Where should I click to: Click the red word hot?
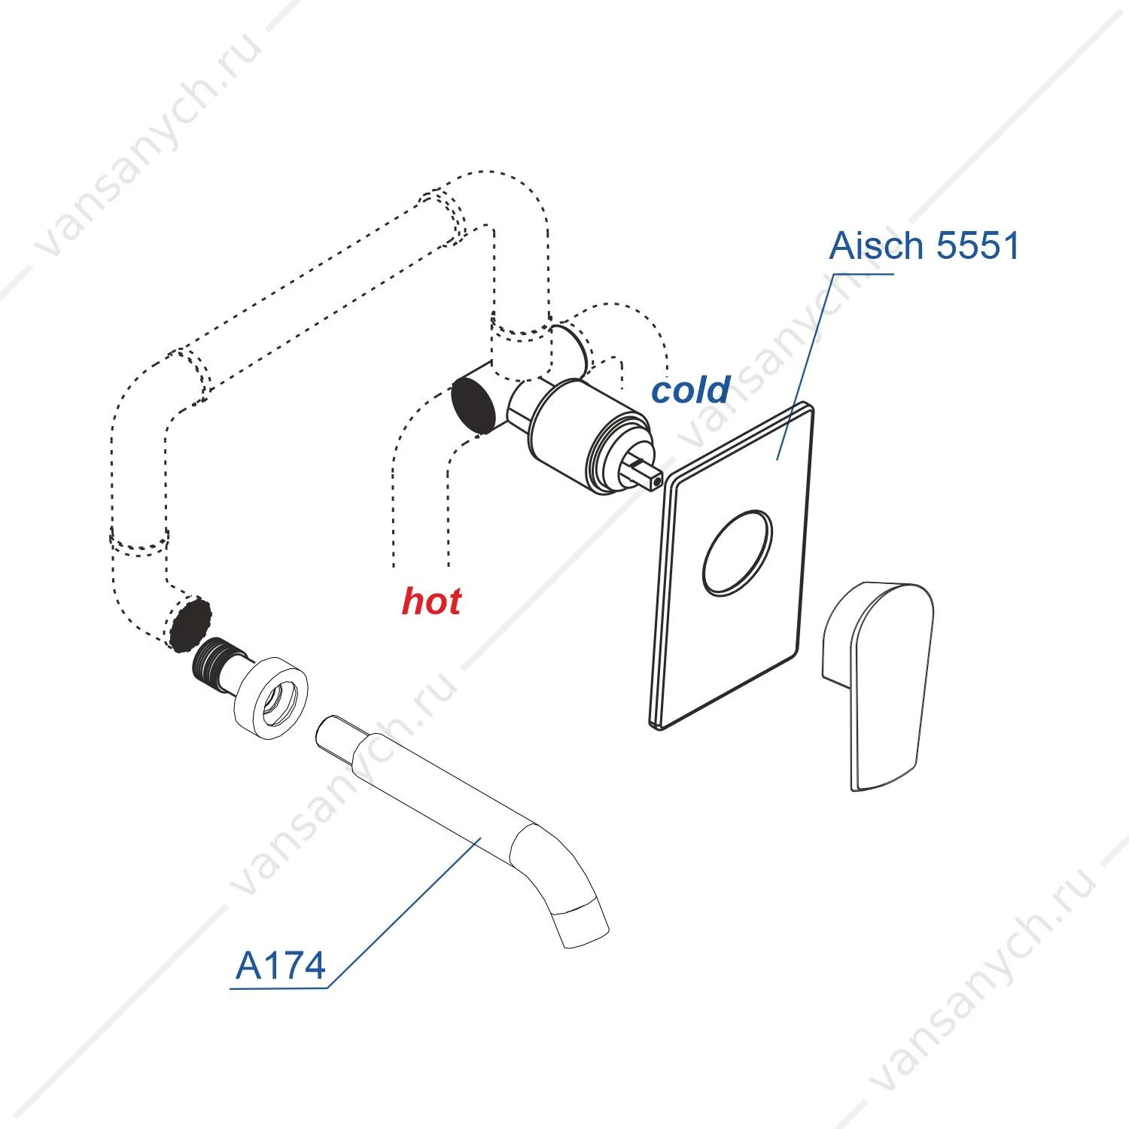[x=431, y=601]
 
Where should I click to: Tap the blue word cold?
[x=690, y=390]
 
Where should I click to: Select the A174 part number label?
[x=280, y=966]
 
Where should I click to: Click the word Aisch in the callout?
[x=876, y=245]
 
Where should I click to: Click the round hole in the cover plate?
[x=737, y=553]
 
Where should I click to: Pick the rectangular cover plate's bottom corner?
[x=657, y=728]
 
